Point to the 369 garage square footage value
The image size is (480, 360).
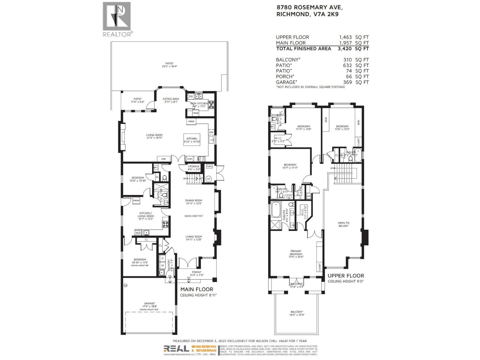(x=348, y=82)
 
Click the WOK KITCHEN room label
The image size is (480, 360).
(x=199, y=103)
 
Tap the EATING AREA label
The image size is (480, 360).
(x=171, y=99)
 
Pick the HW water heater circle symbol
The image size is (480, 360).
(x=209, y=179)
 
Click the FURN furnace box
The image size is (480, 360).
(x=209, y=166)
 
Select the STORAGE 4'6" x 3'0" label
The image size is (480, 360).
(x=194, y=166)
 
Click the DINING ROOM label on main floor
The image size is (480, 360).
(x=193, y=200)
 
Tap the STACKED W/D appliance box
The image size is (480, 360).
(x=138, y=232)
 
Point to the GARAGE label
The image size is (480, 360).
(x=149, y=303)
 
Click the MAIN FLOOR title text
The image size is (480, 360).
(x=196, y=289)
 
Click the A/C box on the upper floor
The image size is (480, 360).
(x=308, y=196)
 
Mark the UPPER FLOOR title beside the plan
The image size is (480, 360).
(x=346, y=276)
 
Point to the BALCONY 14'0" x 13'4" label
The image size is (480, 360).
(x=296, y=312)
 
